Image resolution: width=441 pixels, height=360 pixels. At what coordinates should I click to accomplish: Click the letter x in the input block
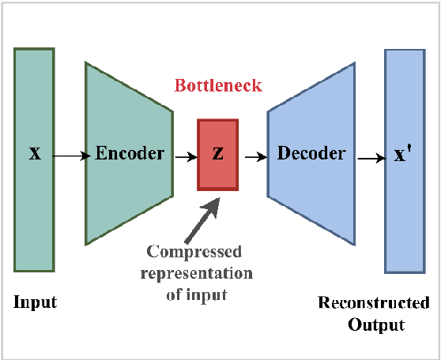[x=35, y=153]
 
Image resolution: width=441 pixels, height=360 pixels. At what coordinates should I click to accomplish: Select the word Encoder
[x=130, y=153]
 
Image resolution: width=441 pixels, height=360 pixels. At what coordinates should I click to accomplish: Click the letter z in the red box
[x=217, y=154]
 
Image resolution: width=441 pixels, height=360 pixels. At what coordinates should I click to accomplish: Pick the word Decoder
[x=311, y=153]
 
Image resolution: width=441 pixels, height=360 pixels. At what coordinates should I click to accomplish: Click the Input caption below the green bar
[x=35, y=302]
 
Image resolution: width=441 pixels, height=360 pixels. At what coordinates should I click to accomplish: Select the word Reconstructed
[x=373, y=303]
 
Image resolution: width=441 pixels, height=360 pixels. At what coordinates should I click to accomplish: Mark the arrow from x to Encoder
[x=71, y=156]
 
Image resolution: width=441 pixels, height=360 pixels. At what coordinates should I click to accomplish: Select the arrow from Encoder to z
[x=186, y=156]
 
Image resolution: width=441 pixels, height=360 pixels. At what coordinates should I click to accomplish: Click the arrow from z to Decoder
[x=254, y=156]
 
